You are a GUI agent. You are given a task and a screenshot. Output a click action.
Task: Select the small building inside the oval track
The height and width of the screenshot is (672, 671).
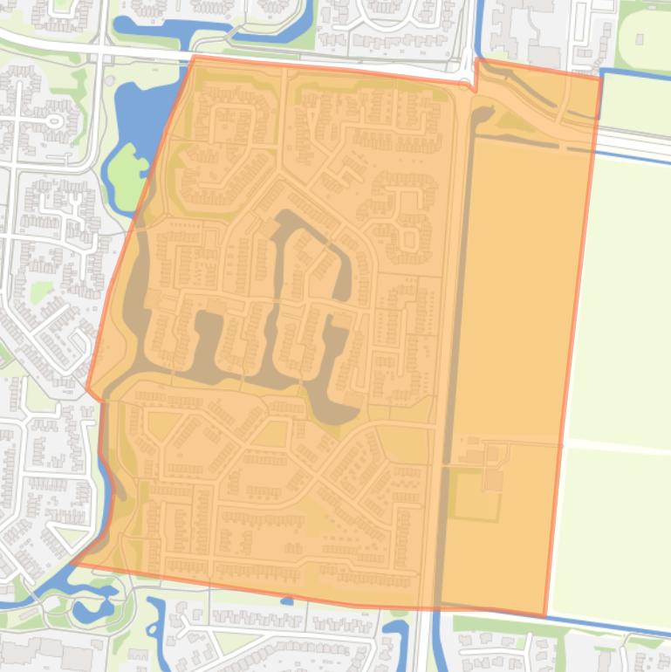(640, 38)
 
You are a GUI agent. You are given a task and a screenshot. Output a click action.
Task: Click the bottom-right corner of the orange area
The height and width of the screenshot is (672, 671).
(545, 615)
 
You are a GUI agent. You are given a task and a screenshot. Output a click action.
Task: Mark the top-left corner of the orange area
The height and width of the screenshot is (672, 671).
(193, 57)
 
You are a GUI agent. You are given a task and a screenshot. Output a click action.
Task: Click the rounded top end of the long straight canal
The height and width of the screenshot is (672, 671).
(483, 112)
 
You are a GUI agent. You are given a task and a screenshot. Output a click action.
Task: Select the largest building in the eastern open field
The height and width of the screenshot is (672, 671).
(494, 480)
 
